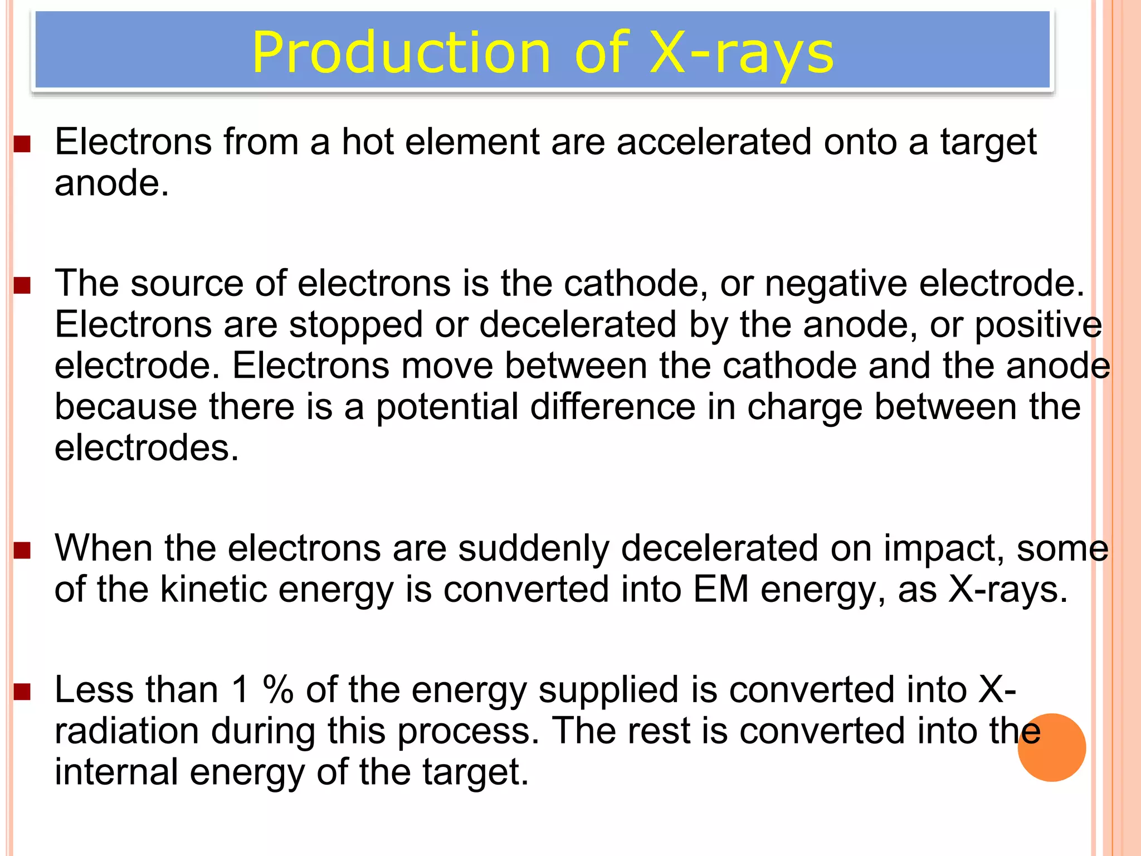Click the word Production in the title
[x=401, y=53]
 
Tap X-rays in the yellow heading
[x=742, y=53]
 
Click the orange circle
[x=1051, y=747]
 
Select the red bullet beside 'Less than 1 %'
[x=22, y=692]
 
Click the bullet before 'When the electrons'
[x=22, y=551]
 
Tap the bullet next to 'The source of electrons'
[x=22, y=286]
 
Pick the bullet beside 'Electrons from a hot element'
[x=22, y=144]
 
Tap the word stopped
[x=355, y=325]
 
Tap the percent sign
[x=278, y=690]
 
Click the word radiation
[x=126, y=731]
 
